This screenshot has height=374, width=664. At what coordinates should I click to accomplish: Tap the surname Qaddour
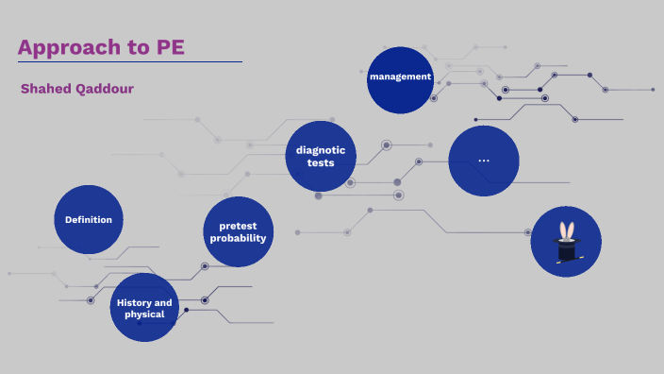105,89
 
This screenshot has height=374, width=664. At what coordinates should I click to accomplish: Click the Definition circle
89,219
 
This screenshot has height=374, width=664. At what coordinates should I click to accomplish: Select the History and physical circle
144,308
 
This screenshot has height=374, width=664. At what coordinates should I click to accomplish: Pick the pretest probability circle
239,231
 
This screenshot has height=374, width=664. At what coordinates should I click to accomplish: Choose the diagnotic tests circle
321,156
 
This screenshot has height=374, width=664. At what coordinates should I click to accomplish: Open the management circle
401,79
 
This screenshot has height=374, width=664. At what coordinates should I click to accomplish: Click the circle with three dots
484,161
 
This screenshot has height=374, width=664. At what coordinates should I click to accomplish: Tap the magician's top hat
566,250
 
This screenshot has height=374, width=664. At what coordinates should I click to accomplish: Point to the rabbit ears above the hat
567,229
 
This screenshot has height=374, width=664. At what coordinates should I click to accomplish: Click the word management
401,76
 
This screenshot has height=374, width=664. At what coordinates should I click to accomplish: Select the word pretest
239,226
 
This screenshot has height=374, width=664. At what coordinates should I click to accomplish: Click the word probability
239,238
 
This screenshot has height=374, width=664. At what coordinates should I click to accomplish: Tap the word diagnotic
321,150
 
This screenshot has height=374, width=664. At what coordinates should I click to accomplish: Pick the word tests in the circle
321,162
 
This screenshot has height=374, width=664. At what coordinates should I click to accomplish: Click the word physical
144,314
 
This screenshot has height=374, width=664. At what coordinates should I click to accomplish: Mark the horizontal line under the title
130,62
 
